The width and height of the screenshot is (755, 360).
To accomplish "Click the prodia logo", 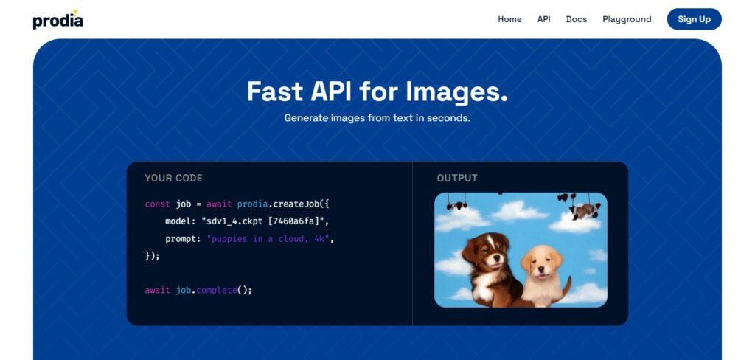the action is [x=58, y=19].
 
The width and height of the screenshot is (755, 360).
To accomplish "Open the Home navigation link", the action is [x=509, y=19].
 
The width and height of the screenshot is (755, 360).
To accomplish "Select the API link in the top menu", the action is [x=543, y=19].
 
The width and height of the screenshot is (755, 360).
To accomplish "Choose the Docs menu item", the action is [x=577, y=19].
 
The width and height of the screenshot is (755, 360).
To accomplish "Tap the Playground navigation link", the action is [x=627, y=19].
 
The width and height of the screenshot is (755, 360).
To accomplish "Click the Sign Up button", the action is [x=694, y=19].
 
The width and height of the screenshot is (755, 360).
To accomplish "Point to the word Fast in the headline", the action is [x=275, y=91].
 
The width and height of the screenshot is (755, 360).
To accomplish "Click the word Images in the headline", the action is [x=456, y=92].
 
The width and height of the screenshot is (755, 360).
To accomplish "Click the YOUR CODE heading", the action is [x=173, y=178].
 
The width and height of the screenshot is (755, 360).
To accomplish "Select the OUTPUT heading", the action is [x=457, y=178].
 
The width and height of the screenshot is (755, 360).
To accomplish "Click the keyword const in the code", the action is [x=158, y=204].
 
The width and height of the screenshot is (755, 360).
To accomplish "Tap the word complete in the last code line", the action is [x=217, y=291].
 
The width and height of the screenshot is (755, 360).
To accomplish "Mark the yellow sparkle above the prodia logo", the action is [x=74, y=12].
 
